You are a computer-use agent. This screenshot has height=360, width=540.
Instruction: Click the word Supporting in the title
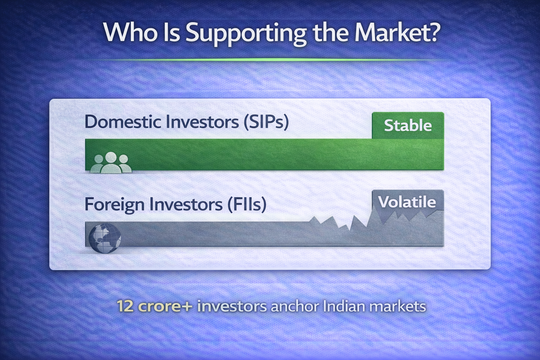[x=246, y=34]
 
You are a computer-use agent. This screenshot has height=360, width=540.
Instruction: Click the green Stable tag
[x=408, y=126]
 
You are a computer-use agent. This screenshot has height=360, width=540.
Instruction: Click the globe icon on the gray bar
[x=105, y=238]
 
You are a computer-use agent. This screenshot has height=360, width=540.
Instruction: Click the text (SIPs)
[x=266, y=122]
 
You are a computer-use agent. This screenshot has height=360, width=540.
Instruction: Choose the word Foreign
[x=115, y=205]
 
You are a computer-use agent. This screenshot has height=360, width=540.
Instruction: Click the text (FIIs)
[x=247, y=205]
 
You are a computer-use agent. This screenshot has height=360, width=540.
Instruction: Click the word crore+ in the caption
[x=165, y=307]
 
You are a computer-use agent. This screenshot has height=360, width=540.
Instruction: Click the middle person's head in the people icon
[x=111, y=157]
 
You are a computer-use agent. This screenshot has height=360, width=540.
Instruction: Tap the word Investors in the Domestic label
[x=202, y=122]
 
